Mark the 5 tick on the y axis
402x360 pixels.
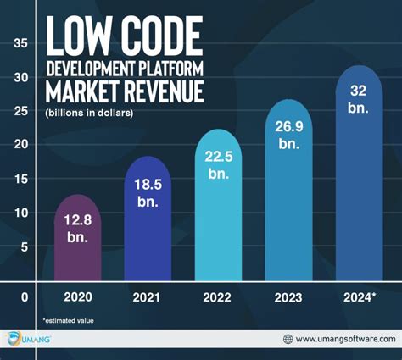(x=24, y=246)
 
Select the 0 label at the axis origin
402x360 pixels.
(x=24, y=297)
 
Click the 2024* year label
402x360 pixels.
(x=359, y=297)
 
